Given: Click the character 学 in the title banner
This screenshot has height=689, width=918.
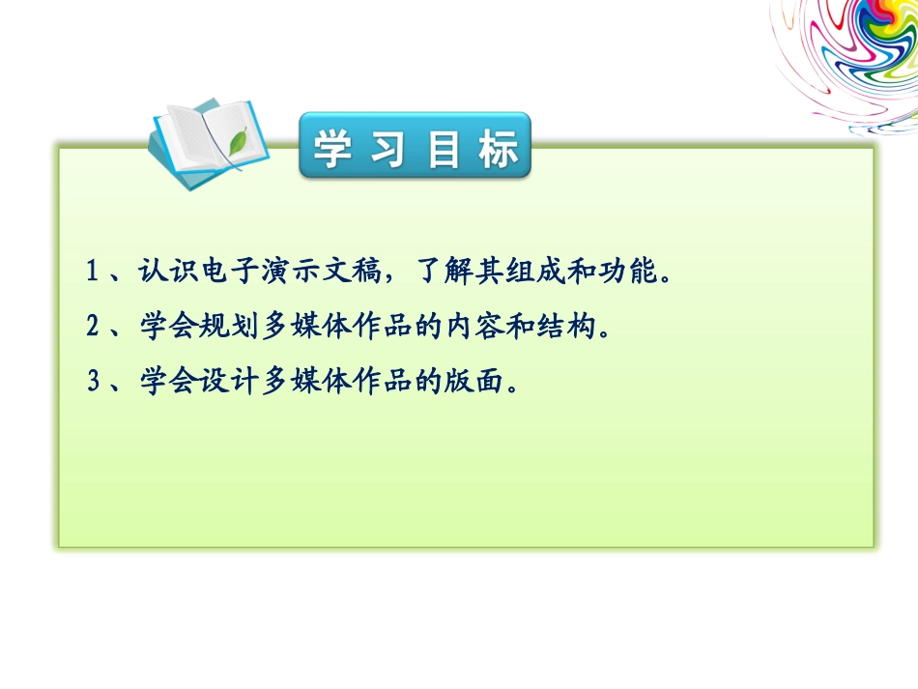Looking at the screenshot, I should [331, 149].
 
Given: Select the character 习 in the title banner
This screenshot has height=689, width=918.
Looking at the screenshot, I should [387, 149].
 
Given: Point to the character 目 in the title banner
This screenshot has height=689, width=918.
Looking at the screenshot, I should [442, 149].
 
